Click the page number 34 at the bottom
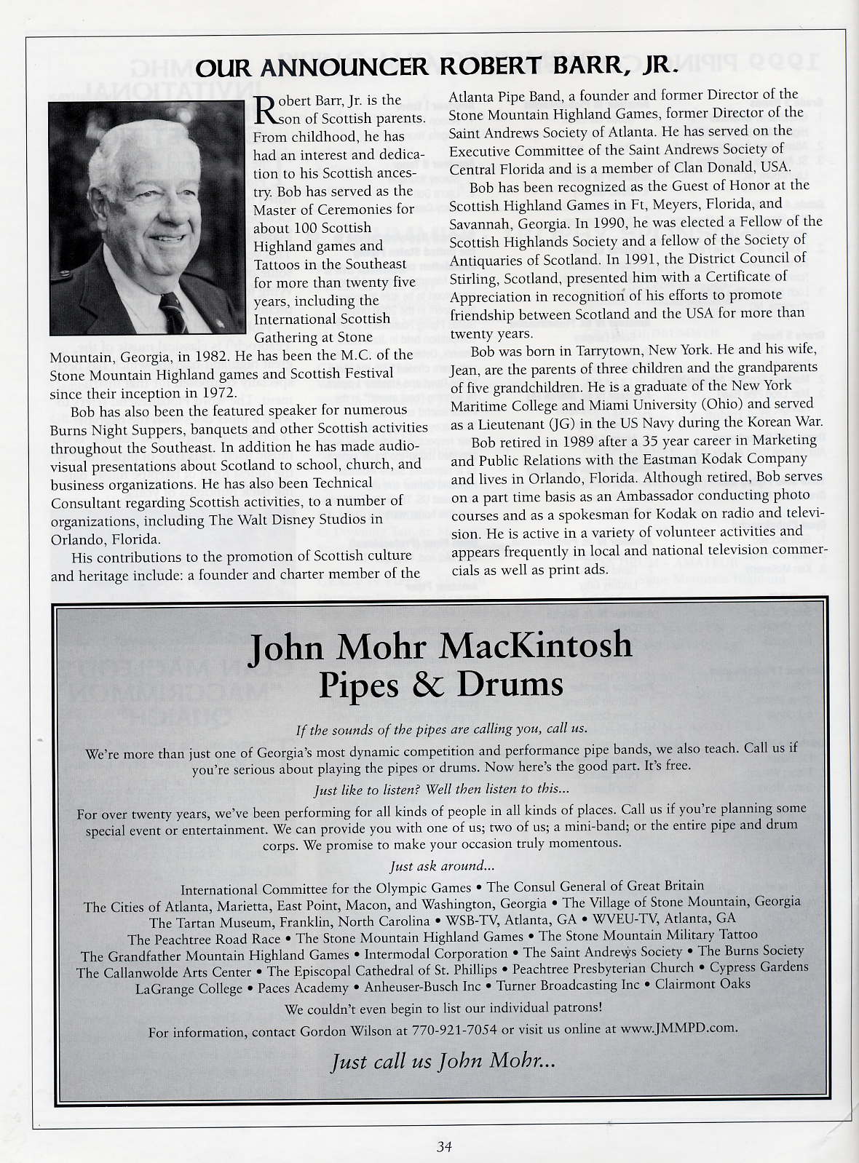444,1147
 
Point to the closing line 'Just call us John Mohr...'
443,1062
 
